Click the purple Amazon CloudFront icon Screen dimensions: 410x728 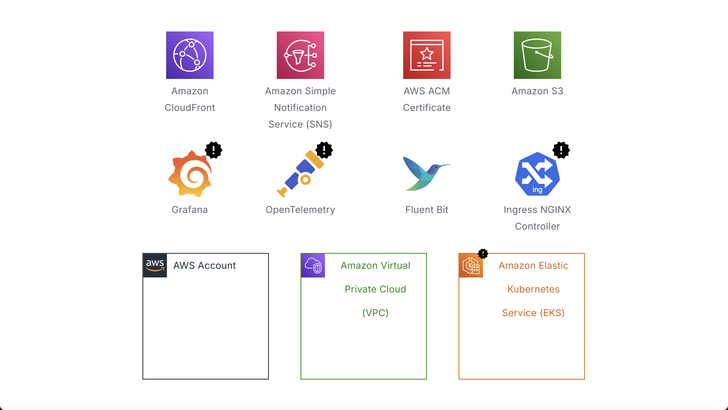point(190,55)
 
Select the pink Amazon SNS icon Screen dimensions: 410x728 point(300,55)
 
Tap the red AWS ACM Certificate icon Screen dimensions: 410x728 point(427,55)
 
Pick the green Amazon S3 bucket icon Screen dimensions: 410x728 point(537,55)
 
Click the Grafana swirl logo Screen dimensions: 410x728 point(190,174)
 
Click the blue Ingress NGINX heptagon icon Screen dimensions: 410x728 point(537,174)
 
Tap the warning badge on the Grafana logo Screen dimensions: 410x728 point(214,150)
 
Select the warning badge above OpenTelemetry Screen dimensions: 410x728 point(324,150)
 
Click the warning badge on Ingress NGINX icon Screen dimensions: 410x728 point(561,150)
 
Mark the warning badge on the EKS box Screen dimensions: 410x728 point(483,254)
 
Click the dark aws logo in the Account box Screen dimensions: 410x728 point(155,265)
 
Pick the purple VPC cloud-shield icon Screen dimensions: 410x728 point(313,265)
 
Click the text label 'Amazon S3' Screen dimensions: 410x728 point(537,91)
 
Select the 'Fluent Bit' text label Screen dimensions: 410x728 point(427,210)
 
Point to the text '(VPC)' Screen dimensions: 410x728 point(375,313)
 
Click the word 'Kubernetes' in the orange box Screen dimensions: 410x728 point(533,289)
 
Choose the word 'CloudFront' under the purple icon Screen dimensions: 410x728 point(190,108)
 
